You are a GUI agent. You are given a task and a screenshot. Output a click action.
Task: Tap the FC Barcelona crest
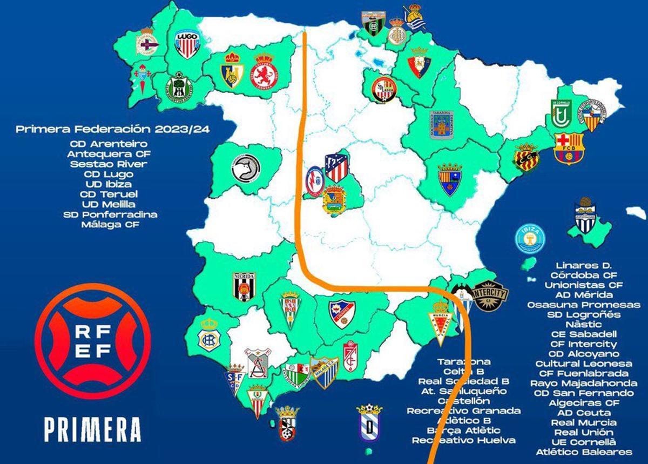[569, 148]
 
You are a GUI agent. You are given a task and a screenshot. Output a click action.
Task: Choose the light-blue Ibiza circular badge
[531, 238]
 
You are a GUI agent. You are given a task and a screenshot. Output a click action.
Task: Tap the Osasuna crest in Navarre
[420, 64]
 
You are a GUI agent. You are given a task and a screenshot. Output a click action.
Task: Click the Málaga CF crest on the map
[324, 373]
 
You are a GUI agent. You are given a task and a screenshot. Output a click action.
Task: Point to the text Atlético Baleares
[584, 452]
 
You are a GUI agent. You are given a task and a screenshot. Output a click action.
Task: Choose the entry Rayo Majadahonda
[584, 384]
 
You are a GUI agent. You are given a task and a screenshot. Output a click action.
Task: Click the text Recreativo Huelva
[463, 440]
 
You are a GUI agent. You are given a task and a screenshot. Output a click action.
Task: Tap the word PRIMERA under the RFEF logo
[92, 429]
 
